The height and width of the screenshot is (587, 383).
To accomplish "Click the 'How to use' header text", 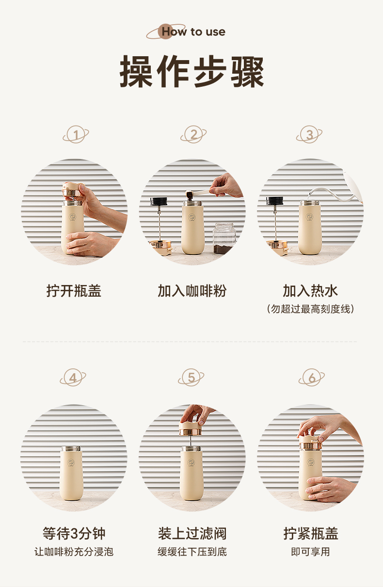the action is pos(193,32).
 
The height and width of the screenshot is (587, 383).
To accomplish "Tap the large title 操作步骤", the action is pos(191,71).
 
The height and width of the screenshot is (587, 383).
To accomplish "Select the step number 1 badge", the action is pos(76,134).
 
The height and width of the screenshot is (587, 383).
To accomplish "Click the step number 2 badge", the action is pos(193,134).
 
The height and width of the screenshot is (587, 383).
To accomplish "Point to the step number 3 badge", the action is pos(309,134).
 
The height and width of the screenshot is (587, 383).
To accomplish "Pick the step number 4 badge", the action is pos(73,378).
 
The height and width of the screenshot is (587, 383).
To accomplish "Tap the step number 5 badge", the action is pos(191,378).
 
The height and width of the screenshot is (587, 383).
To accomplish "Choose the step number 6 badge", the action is pos(312,378).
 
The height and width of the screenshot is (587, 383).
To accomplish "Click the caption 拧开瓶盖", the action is pos(74,291).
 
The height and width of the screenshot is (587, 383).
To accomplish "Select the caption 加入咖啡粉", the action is pos(192,291).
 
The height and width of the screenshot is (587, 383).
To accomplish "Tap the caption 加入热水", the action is pos(310,291).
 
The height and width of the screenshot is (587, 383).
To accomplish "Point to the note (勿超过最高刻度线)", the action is pos(310,309).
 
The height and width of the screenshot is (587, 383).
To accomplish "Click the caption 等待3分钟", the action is pos(74,534).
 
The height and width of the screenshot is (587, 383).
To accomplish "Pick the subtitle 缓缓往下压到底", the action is pos(192,552).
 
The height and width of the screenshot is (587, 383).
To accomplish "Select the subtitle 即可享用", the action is pos(310,552).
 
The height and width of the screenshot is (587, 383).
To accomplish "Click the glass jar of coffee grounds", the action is pos(224,238).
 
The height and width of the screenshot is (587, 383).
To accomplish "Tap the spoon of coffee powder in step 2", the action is pos(202,194).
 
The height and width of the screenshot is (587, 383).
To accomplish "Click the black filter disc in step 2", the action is pos(159,201).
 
